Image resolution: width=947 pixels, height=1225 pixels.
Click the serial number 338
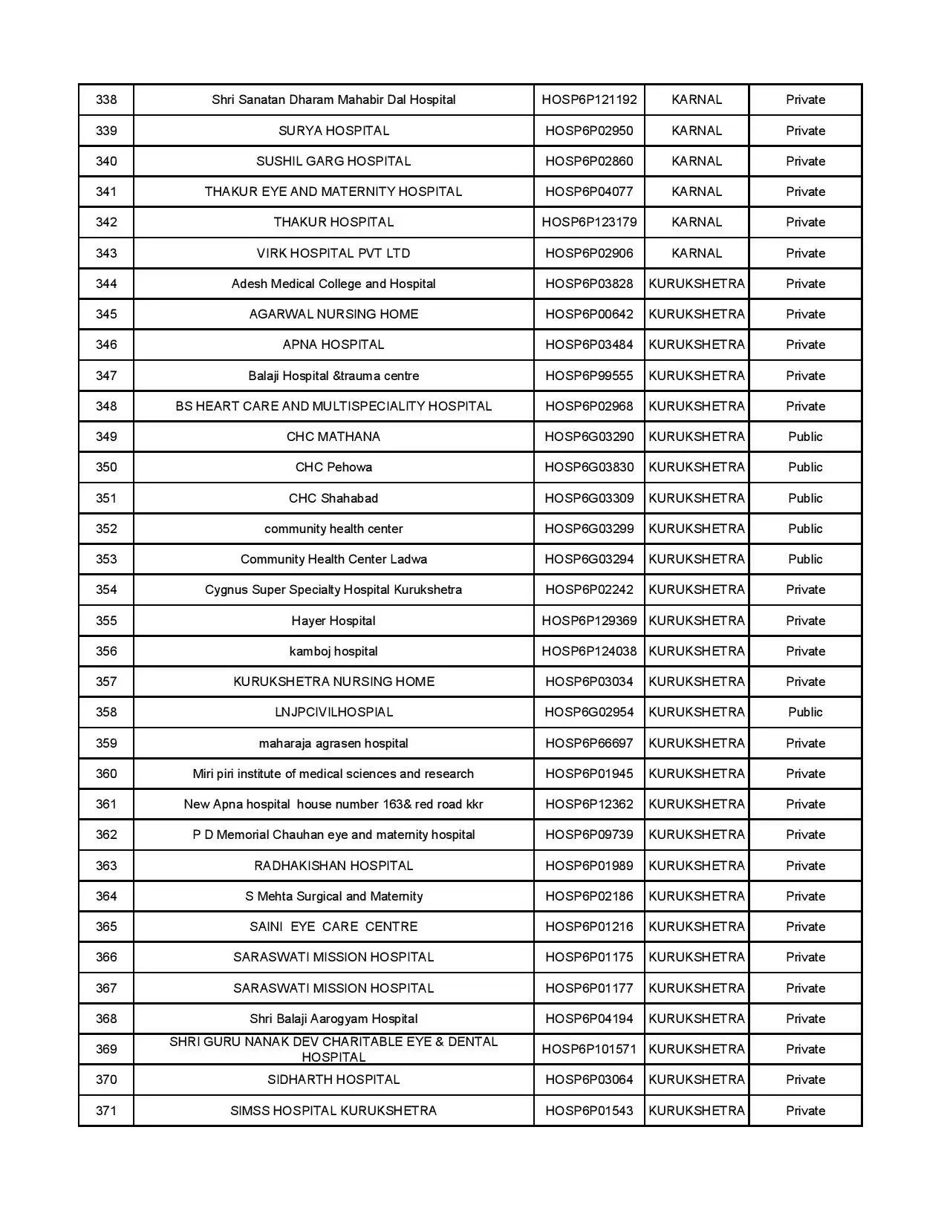[x=106, y=99]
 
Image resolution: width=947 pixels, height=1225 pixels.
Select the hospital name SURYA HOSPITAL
[x=333, y=131]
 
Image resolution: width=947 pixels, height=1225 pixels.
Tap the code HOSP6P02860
[x=589, y=161]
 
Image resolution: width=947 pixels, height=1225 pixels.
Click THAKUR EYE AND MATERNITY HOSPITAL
[x=333, y=192]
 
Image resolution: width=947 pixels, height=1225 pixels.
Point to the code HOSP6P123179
[x=589, y=222]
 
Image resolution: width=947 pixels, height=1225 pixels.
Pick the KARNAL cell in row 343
[x=696, y=253]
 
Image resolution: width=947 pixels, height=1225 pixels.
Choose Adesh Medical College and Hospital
[x=333, y=284]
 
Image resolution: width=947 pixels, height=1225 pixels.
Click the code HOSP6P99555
[x=589, y=376]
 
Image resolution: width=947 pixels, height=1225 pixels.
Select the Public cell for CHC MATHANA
[x=805, y=437]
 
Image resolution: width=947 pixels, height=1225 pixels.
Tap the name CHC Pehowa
[x=333, y=467]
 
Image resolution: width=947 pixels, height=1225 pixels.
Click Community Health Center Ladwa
[x=333, y=559]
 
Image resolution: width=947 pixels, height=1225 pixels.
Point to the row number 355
[x=106, y=621]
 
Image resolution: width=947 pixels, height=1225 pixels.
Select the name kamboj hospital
[x=333, y=651]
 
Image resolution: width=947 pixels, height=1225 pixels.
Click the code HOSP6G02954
[x=589, y=712]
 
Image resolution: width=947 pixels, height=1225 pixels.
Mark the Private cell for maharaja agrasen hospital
[x=805, y=743]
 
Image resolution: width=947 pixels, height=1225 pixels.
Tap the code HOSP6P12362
[x=589, y=804]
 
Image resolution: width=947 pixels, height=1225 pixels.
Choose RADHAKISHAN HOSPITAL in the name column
[x=333, y=866]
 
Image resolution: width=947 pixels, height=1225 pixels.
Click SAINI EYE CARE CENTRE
[x=333, y=927]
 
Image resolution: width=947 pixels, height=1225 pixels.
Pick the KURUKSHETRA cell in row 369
[x=696, y=1049]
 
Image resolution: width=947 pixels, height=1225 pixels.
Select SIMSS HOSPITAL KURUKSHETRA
[x=333, y=1111]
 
